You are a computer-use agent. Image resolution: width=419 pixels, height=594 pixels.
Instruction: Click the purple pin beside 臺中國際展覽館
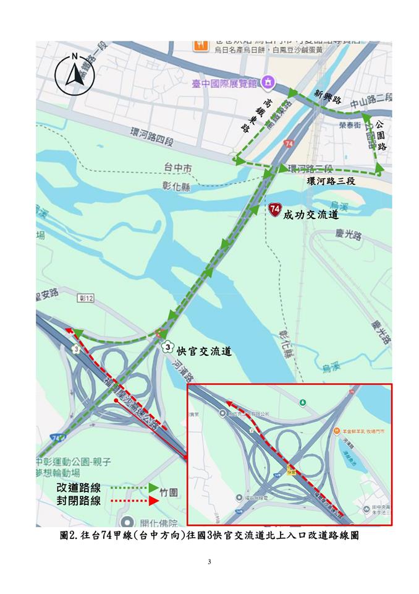(x=268, y=81)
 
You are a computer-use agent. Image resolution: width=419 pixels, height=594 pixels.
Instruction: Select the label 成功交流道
(x=311, y=216)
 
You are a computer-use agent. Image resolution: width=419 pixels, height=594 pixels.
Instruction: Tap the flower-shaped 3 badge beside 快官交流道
(x=167, y=348)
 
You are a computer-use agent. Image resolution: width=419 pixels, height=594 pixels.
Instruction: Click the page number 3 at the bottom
(x=209, y=562)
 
